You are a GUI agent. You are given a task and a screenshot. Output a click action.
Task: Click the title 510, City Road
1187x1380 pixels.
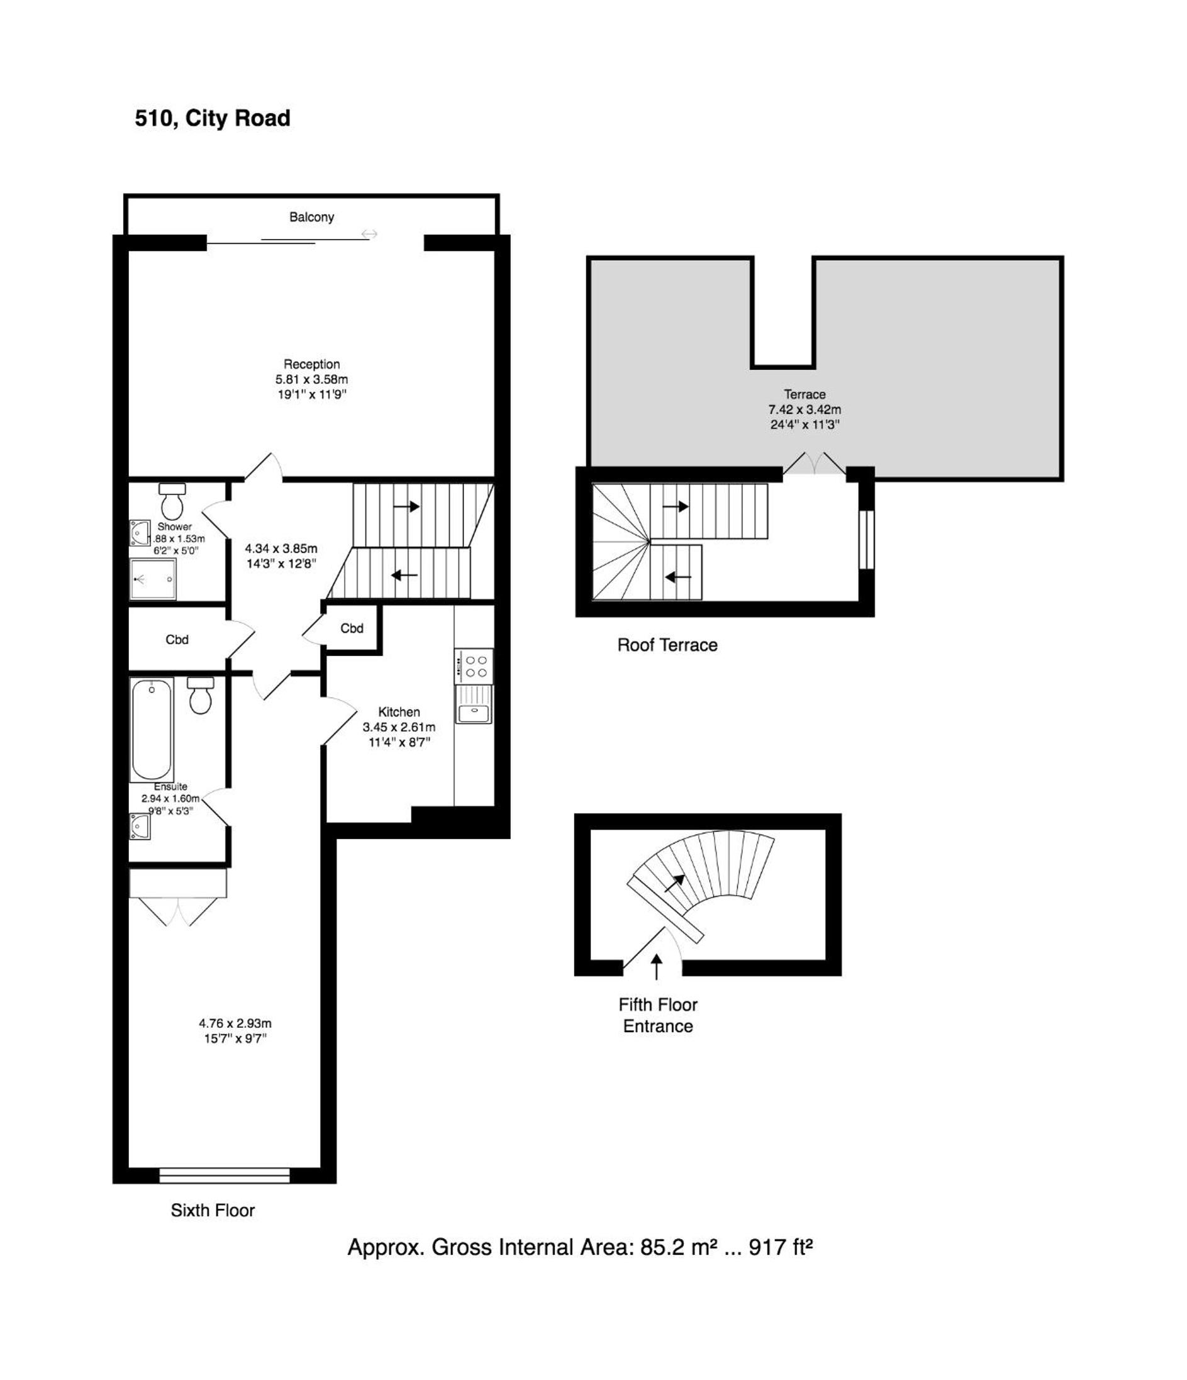[213, 118]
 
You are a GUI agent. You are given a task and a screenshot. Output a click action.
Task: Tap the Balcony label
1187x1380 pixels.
[311, 217]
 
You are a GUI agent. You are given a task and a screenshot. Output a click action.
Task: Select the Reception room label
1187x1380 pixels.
[311, 364]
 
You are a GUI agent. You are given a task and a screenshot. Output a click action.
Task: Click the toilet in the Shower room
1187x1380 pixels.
[172, 501]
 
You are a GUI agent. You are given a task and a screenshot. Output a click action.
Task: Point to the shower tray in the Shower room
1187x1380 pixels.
[152, 579]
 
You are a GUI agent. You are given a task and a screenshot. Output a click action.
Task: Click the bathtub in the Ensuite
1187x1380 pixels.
[152, 729]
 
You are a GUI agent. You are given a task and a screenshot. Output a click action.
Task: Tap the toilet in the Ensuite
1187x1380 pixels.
[201, 695]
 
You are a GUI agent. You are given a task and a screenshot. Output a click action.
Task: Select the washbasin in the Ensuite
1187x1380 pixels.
[140, 826]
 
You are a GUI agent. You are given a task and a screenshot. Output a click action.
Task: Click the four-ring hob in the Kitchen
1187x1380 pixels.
[474, 666]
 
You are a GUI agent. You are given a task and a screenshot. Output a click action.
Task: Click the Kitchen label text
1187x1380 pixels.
[399, 712]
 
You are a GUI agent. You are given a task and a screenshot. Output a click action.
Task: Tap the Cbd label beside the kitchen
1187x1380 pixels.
[352, 628]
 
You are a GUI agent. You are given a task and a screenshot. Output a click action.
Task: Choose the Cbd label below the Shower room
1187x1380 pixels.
[177, 640]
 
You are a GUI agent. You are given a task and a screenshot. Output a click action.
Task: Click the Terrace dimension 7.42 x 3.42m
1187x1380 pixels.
[805, 409]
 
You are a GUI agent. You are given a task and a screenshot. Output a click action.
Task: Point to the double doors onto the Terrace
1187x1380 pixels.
[814, 464]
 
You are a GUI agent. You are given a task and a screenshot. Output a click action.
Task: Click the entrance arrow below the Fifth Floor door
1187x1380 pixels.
[657, 967]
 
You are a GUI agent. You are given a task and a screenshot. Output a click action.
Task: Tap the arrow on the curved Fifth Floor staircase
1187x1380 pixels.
[676, 883]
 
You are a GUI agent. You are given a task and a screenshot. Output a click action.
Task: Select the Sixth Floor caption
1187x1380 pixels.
[213, 1210]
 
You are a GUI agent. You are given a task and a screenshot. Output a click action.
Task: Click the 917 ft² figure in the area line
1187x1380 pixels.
[781, 1247]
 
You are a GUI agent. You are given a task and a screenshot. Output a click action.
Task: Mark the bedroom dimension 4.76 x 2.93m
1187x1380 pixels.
[235, 1023]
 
